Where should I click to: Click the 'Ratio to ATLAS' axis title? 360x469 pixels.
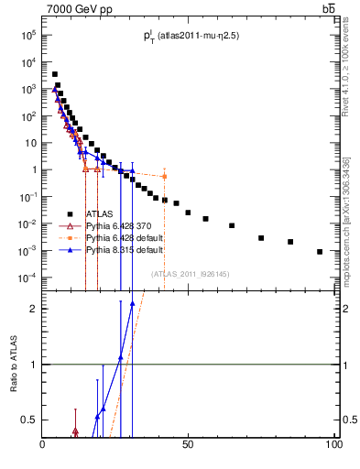tap(14, 365)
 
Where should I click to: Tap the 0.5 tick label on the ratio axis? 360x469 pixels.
tap(27, 420)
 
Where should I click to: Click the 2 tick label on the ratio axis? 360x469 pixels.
tap(33, 309)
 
